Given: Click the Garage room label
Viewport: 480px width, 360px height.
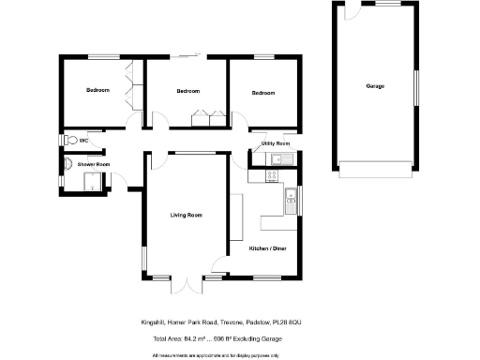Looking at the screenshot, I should (x=375, y=86).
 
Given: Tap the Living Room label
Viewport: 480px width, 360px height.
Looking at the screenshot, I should (x=186, y=216).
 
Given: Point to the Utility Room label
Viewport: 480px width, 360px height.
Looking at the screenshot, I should (x=276, y=143).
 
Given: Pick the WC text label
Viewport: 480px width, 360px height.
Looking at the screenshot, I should (x=83, y=141).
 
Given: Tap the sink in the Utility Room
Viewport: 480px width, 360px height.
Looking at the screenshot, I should (x=278, y=158).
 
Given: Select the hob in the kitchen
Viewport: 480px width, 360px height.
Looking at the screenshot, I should (x=255, y=176).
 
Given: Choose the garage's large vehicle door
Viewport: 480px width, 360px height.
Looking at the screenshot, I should (x=375, y=172).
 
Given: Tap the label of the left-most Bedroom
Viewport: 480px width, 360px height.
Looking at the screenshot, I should (x=97, y=90).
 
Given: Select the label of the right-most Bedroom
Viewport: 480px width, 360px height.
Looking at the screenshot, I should (x=263, y=93).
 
